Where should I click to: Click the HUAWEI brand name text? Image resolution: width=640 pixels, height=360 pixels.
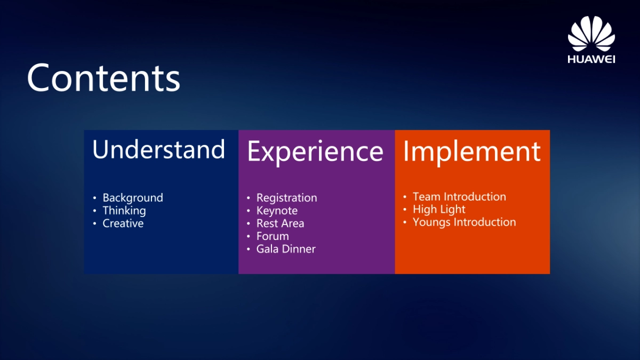click(x=591, y=59)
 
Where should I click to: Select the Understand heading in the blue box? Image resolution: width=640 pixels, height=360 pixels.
click(x=158, y=150)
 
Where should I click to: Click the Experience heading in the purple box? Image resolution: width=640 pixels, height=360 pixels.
click(x=315, y=151)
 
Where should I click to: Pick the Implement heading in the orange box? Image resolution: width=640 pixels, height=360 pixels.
click(x=471, y=151)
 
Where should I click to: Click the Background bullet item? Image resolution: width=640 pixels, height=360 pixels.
click(x=133, y=198)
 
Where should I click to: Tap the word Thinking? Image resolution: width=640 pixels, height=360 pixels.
click(x=124, y=211)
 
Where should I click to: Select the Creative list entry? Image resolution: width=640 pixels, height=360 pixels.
click(x=123, y=223)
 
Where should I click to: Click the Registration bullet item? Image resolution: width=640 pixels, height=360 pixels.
click(x=286, y=198)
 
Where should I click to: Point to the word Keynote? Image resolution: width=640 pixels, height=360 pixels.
click(x=277, y=211)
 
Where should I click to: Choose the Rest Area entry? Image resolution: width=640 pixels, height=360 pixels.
click(x=280, y=223)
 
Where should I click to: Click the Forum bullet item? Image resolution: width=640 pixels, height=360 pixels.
click(x=273, y=236)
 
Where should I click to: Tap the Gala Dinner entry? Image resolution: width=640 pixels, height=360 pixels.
click(x=286, y=249)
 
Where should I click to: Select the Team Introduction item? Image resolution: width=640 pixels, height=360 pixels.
click(x=459, y=197)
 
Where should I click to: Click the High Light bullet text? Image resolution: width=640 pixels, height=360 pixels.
click(x=439, y=210)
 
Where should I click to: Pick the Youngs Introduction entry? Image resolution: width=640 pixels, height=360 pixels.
click(x=464, y=222)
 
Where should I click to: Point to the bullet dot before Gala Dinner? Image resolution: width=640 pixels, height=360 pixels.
click(x=249, y=250)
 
